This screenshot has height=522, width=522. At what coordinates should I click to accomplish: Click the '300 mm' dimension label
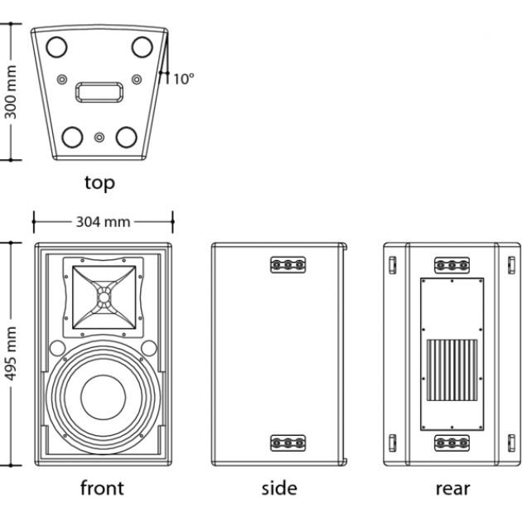pyautogui.click(x=12, y=92)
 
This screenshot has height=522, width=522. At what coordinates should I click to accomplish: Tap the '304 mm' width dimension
pyautogui.click(x=104, y=221)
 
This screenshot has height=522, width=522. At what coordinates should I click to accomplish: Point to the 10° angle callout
pyautogui.click(x=183, y=80)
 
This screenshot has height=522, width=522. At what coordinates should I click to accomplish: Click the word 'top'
pyautogui.click(x=99, y=181)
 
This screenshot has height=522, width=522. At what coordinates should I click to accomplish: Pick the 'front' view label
pyautogui.click(x=103, y=487)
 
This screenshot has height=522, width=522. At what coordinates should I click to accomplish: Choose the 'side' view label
pyautogui.click(x=278, y=487)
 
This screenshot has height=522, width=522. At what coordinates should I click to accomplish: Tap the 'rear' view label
pyautogui.click(x=452, y=487)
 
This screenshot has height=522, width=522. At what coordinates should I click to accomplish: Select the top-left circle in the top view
pyautogui.click(x=58, y=47)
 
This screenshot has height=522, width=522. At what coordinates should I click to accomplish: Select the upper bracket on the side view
pyautogui.click(x=288, y=265)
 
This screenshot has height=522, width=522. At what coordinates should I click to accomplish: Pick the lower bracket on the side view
pyautogui.click(x=288, y=443)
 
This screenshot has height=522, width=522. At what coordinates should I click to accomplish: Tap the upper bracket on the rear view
pyautogui.click(x=452, y=265)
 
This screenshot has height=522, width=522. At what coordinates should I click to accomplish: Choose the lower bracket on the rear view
pyautogui.click(x=452, y=443)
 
